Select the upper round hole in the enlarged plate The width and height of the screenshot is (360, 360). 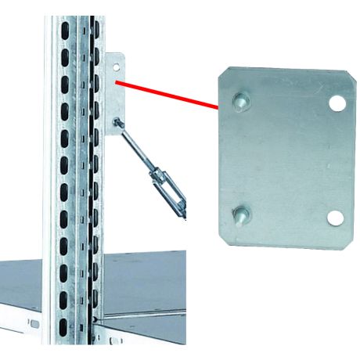click(x=337, y=103)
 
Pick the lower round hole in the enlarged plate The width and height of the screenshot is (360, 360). click(x=336, y=218)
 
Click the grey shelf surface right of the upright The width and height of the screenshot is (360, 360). click(x=145, y=282)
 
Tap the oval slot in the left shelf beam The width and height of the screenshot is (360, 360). click(x=32, y=323)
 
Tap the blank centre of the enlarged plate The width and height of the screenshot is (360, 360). click(x=286, y=157)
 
